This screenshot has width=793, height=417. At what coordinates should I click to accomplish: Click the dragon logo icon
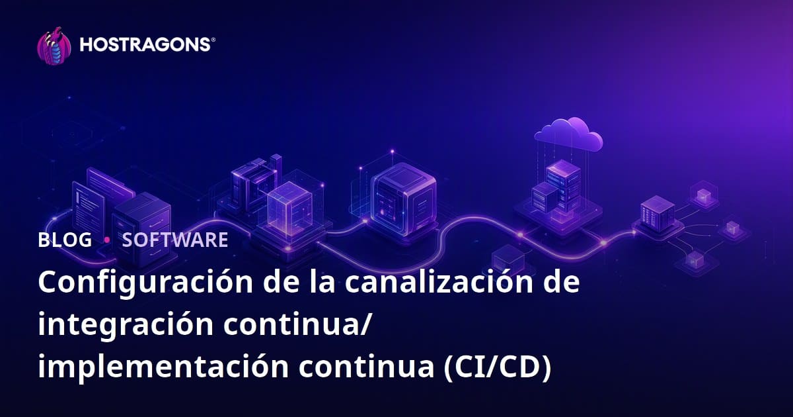54,46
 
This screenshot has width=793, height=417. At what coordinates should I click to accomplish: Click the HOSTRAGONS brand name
145,45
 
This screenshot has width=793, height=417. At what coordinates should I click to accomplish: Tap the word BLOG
65,240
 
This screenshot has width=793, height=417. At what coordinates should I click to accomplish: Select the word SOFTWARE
175,240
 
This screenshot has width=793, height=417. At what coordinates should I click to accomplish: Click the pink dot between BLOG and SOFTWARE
107,240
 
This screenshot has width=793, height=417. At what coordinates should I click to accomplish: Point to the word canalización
439,282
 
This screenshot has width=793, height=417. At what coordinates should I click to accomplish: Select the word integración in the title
126,324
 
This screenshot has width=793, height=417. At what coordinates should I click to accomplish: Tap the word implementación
163,367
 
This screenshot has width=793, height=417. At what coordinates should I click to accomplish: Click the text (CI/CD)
498,367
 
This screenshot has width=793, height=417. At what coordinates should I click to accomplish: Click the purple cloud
568,135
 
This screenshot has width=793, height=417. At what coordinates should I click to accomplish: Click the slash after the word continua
365,324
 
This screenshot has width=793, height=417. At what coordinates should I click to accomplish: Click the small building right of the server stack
658,211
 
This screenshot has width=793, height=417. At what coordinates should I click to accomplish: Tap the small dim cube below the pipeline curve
508,261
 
